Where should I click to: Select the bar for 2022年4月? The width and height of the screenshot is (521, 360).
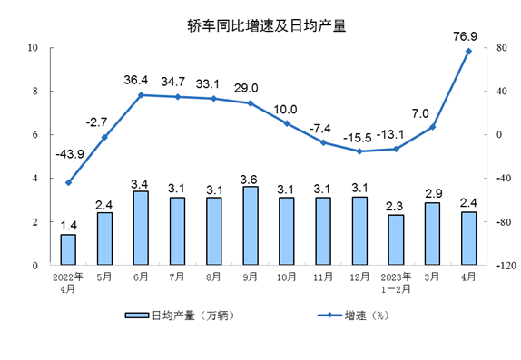click(x=68, y=249)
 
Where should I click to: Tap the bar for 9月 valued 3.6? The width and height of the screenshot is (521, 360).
click(x=251, y=226)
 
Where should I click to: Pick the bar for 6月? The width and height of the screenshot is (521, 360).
click(x=141, y=228)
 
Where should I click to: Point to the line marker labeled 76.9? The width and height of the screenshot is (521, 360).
click(x=468, y=51)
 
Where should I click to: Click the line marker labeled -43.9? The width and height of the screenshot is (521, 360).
click(x=68, y=182)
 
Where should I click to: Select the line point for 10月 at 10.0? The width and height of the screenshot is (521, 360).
click(x=287, y=123)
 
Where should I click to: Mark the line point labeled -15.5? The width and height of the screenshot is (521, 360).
click(x=359, y=151)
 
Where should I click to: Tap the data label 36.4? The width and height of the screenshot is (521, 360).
click(x=141, y=80)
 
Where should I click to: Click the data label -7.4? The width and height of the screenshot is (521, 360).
click(x=323, y=127)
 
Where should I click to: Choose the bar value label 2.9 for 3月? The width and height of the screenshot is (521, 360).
click(x=432, y=194)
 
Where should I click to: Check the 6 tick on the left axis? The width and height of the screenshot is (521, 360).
click(x=34, y=134)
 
